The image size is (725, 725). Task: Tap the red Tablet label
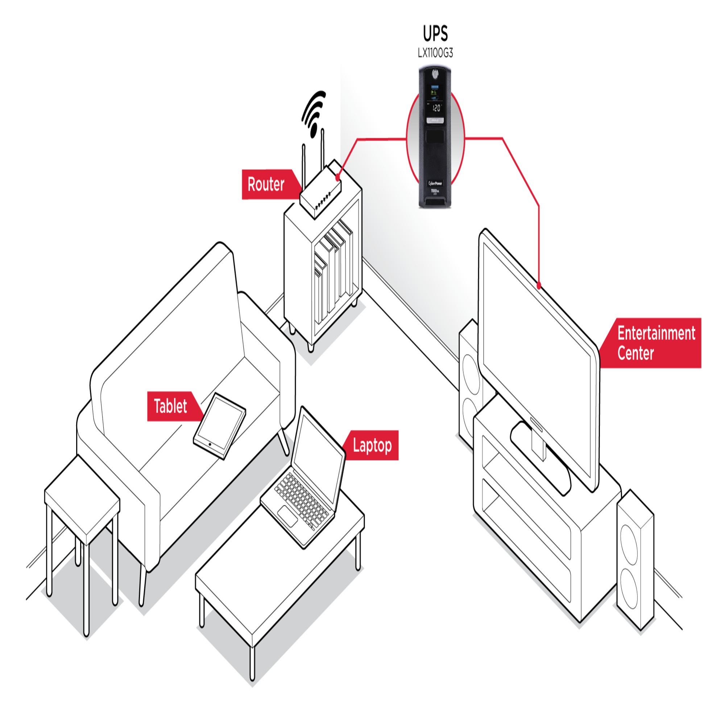[171, 406]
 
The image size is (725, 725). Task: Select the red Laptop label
[372, 446]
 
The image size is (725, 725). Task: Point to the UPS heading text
[435, 34]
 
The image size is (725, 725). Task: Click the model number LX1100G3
[435, 53]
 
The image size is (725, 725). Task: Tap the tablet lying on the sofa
[220, 425]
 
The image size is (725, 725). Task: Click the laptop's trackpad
[288, 516]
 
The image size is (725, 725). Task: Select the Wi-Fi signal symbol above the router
[313, 113]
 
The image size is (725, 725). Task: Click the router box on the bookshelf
[320, 193]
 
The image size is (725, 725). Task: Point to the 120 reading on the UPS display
[436, 108]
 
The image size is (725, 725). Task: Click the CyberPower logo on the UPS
[435, 183]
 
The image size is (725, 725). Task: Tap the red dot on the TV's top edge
[539, 286]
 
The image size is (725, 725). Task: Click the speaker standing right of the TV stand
[635, 559]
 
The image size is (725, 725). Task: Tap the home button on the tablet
[210, 445]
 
